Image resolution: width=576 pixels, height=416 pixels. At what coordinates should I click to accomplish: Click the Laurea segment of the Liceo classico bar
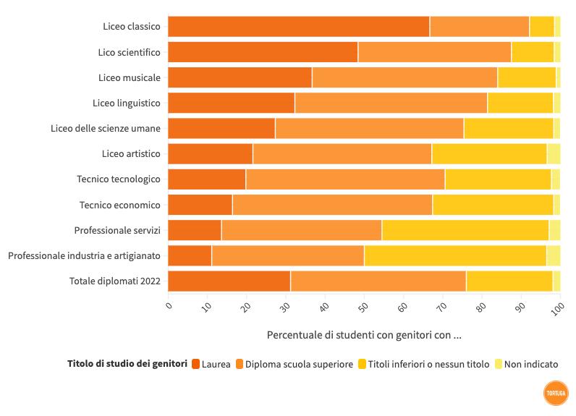[298, 26]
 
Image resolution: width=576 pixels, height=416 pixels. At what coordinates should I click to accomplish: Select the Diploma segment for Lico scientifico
[434, 52]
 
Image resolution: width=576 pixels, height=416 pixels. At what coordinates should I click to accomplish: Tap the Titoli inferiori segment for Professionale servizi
[465, 230]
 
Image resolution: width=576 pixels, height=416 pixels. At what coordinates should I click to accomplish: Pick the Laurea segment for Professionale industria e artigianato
[190, 255]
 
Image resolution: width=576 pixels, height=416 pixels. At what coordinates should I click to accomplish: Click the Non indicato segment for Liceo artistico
[554, 153]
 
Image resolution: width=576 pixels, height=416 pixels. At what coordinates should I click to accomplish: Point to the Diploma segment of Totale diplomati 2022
[378, 281]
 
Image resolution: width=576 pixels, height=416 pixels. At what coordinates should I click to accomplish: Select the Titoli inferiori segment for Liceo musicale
[527, 77]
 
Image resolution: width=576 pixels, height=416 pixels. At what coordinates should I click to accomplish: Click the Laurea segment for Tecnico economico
[200, 205]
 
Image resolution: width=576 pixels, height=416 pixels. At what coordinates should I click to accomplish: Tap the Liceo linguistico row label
[127, 103]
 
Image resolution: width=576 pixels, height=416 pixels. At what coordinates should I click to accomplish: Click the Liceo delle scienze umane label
[106, 129]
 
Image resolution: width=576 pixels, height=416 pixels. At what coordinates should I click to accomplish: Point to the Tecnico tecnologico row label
[119, 179]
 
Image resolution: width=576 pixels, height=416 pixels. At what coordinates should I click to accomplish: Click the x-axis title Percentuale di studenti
[364, 335]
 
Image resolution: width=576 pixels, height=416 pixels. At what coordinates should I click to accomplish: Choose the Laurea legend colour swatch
[195, 364]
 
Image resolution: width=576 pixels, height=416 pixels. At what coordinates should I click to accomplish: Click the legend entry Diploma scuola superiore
[299, 364]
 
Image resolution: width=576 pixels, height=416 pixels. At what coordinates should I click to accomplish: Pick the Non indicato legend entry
[531, 364]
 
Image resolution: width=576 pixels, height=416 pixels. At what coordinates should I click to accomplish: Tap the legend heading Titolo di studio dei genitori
[127, 364]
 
